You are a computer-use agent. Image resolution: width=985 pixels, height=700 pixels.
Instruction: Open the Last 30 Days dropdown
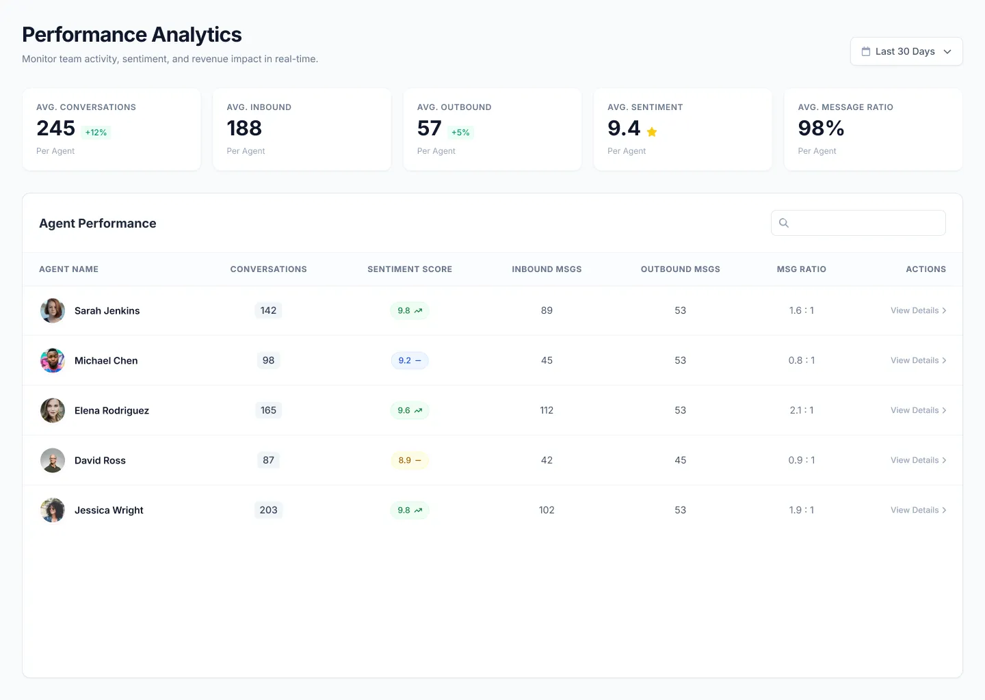[x=906, y=51]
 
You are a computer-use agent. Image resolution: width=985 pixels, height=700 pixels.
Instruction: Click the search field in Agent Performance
[x=858, y=223]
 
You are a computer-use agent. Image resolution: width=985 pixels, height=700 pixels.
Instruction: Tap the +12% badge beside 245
[x=96, y=133]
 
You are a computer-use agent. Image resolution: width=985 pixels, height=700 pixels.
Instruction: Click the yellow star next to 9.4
[x=652, y=132]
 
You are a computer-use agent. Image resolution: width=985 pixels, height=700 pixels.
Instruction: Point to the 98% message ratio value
[x=821, y=129]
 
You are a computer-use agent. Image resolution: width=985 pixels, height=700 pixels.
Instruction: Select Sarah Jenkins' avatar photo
[x=53, y=310]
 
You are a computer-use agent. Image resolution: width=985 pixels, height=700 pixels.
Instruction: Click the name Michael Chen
[x=106, y=360]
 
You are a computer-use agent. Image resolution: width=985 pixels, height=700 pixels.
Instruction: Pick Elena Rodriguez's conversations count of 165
[x=268, y=410]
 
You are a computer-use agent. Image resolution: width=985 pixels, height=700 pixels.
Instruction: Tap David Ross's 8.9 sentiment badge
[x=409, y=460]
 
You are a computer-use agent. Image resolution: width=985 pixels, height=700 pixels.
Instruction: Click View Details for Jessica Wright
[x=918, y=510]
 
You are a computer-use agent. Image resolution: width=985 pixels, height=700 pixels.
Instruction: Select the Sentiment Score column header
[x=409, y=269]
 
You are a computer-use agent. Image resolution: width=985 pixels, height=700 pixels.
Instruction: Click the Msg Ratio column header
[x=801, y=269]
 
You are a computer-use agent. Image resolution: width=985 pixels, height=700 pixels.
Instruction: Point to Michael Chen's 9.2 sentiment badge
[x=409, y=360]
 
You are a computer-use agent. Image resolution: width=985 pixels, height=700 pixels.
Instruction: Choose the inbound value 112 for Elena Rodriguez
[x=547, y=410]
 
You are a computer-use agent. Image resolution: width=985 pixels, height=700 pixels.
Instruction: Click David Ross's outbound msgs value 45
[x=680, y=460]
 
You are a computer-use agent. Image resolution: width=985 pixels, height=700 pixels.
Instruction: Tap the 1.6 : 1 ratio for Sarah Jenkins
[x=801, y=310]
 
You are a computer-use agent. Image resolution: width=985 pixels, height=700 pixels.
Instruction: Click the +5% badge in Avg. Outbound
[x=460, y=133]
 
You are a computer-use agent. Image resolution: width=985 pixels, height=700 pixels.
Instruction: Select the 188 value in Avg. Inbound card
[x=244, y=129]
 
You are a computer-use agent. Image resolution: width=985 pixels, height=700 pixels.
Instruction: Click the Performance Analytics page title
[x=132, y=34]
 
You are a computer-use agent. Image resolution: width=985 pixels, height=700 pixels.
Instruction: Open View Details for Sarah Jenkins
[x=918, y=310]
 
